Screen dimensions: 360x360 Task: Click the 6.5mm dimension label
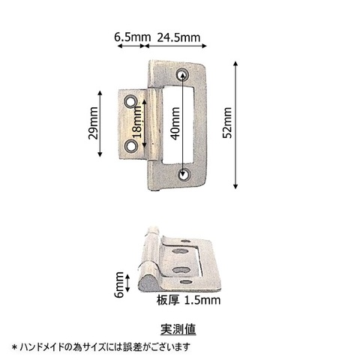[x=132, y=37]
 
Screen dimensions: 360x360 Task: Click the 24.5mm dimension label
[x=178, y=37]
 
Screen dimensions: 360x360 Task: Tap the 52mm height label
[x=228, y=122]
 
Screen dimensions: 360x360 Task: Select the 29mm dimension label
[x=93, y=123]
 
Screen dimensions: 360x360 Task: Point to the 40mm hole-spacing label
[x=175, y=123]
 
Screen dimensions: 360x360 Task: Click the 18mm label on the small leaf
[x=137, y=122]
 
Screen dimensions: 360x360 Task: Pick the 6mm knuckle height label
[x=119, y=285]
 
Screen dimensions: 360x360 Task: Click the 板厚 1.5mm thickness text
[x=188, y=300]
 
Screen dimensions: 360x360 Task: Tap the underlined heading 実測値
[x=178, y=329]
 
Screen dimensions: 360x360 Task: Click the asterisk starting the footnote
[x=15, y=347]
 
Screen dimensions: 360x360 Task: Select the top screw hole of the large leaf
[x=182, y=74]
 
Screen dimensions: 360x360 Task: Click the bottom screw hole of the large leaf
[x=184, y=174]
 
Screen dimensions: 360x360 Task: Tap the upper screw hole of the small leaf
[x=130, y=102]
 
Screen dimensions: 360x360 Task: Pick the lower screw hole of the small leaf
[x=130, y=145]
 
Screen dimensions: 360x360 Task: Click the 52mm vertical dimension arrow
[x=235, y=124]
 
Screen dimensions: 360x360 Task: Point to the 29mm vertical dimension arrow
[x=100, y=124]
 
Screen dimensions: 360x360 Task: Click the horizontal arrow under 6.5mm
[x=131, y=46]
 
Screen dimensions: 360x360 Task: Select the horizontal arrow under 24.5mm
[x=175, y=46]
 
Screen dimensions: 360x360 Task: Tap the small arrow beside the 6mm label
[x=127, y=283]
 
